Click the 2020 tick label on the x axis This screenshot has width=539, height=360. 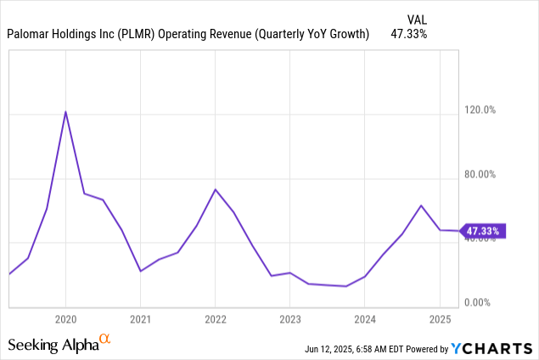pos(66,319)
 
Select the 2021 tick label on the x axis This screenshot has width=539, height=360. pos(141,319)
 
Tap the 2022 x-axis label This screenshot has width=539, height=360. pos(216,319)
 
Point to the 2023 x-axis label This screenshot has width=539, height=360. pos(289,319)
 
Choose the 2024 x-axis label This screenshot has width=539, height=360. pos(364,319)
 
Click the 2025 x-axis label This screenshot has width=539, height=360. pos(439,319)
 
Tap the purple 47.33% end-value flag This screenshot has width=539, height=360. pos(483,230)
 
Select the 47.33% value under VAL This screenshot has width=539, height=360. pos(409,35)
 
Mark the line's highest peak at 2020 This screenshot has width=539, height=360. pos(66,112)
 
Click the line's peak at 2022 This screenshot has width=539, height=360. pos(216,189)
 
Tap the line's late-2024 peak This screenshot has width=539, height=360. pos(421,205)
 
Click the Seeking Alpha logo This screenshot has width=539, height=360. pos(59,343)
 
